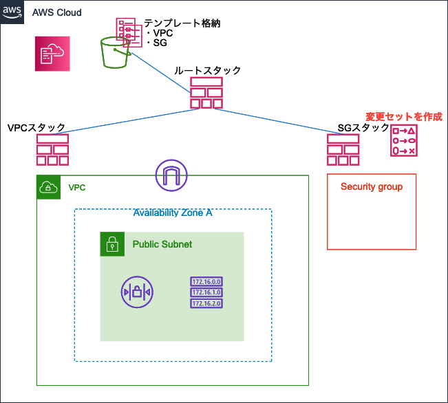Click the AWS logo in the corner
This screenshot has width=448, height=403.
point(12,12)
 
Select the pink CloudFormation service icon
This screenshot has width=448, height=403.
point(52,54)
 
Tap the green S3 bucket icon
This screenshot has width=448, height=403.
point(115,53)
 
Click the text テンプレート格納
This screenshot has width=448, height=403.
point(182,23)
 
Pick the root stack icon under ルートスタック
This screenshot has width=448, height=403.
point(206,93)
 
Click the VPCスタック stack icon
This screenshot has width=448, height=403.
point(52,150)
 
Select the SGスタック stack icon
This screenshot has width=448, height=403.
point(343,150)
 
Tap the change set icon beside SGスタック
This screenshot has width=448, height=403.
point(404,140)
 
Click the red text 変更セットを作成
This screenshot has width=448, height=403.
point(404,117)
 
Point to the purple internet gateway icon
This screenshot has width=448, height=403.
point(171,175)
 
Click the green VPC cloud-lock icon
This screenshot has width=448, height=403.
point(49,187)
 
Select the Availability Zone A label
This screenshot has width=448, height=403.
point(173,213)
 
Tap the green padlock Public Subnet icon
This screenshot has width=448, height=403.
point(112,244)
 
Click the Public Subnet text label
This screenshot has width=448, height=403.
point(162,245)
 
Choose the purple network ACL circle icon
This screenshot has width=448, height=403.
point(137,292)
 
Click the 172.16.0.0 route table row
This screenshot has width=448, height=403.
point(206,281)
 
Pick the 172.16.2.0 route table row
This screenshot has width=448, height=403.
point(206,303)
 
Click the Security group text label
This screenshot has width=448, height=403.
point(372,187)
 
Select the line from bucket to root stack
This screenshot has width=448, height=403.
point(161,73)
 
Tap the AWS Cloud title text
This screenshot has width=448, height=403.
point(57,12)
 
